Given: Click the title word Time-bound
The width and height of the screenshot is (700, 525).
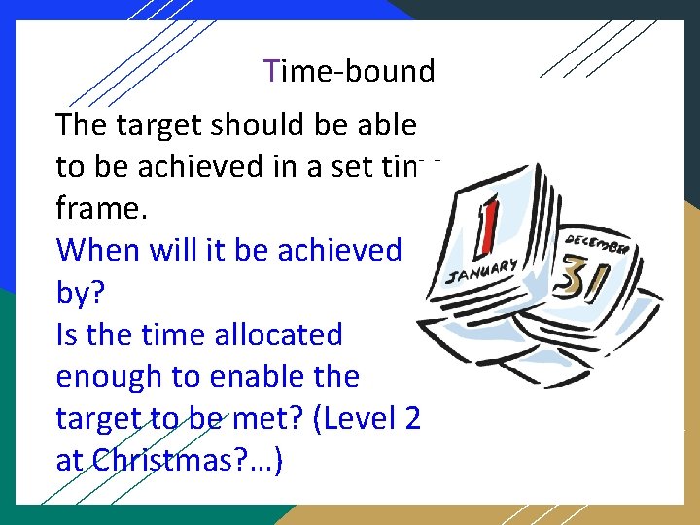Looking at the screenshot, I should pos(350,71).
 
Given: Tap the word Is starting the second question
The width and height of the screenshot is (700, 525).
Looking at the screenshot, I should pos(69,334).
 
